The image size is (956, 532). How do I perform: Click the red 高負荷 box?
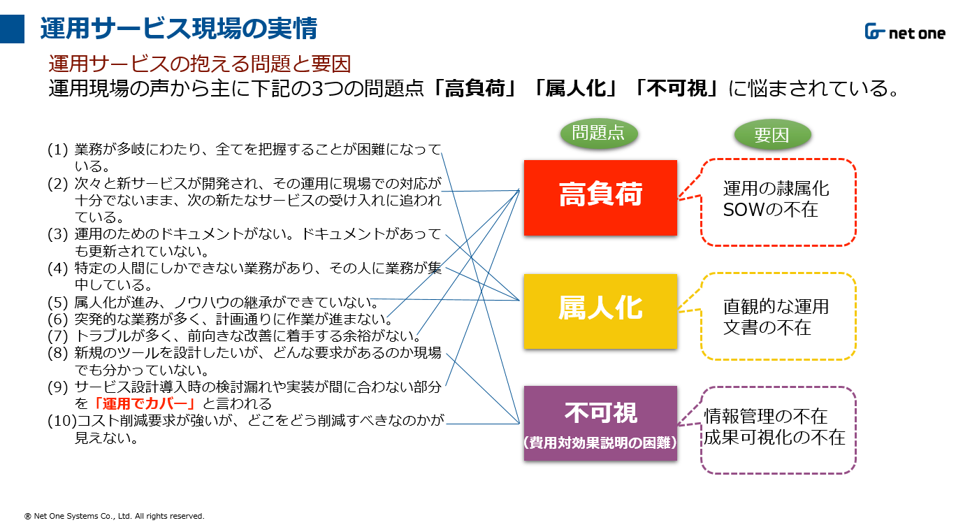tap(600, 198)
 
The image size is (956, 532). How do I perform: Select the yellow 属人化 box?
tap(600, 311)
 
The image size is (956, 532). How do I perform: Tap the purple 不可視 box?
tap(600, 423)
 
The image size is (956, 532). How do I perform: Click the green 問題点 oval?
tap(599, 134)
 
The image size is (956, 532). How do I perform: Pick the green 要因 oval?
tap(772, 134)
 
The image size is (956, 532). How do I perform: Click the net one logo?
tap(905, 31)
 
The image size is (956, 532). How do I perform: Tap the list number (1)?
tap(57, 150)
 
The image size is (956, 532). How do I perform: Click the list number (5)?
tap(57, 302)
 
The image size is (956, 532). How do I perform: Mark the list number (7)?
tap(57, 336)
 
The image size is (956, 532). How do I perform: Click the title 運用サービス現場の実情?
tap(179, 29)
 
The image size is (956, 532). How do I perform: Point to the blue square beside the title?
tap(12, 29)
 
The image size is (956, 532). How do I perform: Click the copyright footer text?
tap(115, 516)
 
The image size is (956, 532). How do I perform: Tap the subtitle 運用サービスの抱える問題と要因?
tap(200, 64)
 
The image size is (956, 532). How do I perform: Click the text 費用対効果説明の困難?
tap(600, 443)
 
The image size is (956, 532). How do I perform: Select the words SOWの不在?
tap(770, 210)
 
